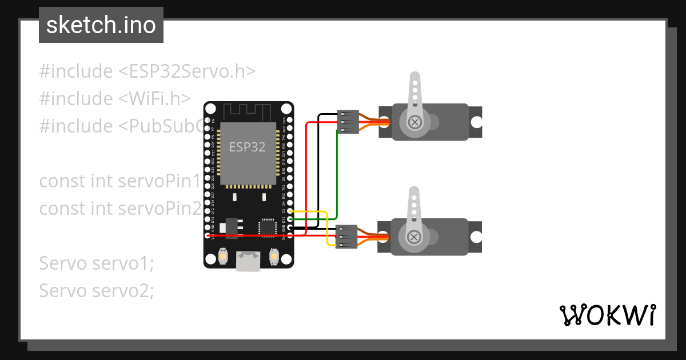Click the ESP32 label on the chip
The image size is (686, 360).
coord(248,147)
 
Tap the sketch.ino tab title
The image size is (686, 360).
coord(101,25)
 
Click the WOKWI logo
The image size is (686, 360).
coord(608,314)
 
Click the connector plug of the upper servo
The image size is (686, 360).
coord(348,122)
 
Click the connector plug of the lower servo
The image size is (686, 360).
coord(347,237)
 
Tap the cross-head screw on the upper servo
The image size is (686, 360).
coord(415,121)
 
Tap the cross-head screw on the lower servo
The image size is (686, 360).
coord(415,237)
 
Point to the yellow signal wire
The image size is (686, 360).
coord(326,229)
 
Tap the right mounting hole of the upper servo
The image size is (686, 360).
coord(476,122)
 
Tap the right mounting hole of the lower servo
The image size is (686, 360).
coord(476,237)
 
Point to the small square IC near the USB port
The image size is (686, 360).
coord(267,227)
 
